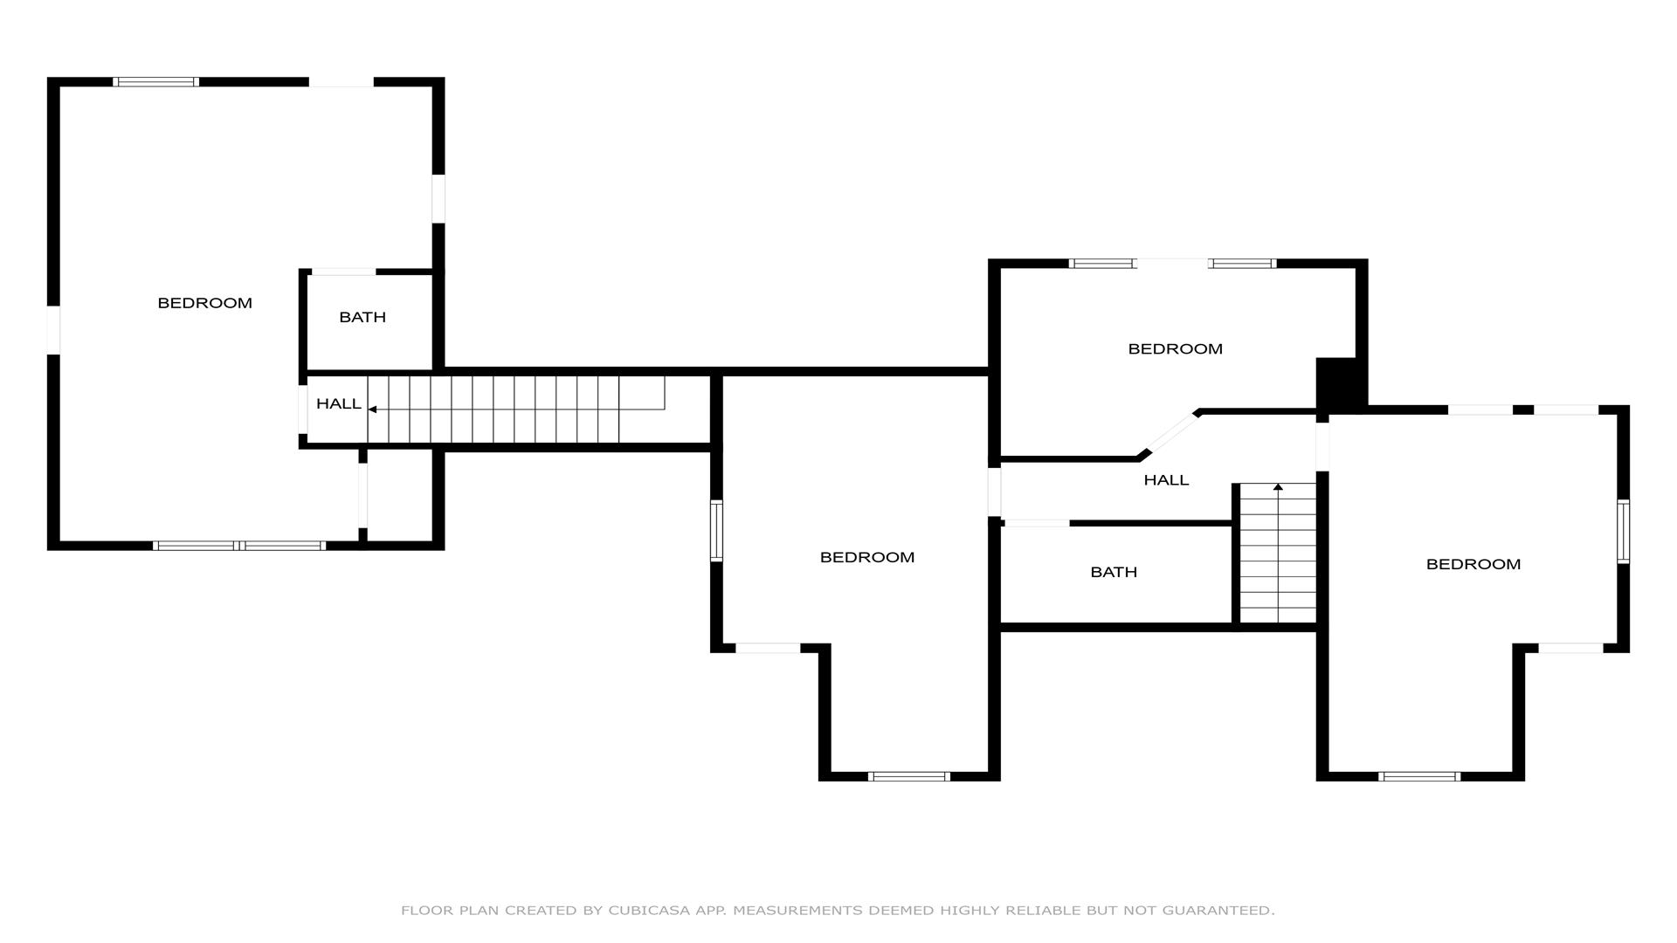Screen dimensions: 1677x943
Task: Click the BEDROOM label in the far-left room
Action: pos(204,303)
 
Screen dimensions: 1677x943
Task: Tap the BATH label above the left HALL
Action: pos(362,317)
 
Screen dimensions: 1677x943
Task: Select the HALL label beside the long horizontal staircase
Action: pos(339,403)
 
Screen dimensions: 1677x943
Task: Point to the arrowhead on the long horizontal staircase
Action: pos(372,409)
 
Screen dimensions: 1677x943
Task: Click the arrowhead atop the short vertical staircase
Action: pos(1279,486)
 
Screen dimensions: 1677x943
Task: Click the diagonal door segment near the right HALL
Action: pos(1170,433)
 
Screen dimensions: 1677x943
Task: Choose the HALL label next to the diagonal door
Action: pos(1166,479)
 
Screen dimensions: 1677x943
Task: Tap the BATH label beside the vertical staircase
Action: pos(1114,572)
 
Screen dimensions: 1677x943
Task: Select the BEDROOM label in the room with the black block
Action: pos(1175,348)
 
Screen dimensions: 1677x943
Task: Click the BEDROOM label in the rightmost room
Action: pos(1473,564)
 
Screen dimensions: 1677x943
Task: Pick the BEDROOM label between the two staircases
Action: pos(867,557)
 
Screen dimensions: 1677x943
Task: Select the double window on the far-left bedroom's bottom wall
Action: pos(239,546)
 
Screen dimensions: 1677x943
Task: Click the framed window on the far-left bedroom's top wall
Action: pos(156,82)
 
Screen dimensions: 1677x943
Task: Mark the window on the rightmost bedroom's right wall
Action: pos(1623,531)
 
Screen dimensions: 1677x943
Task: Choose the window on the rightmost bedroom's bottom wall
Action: pos(1419,776)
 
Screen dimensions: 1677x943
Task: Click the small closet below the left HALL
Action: pos(399,496)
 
